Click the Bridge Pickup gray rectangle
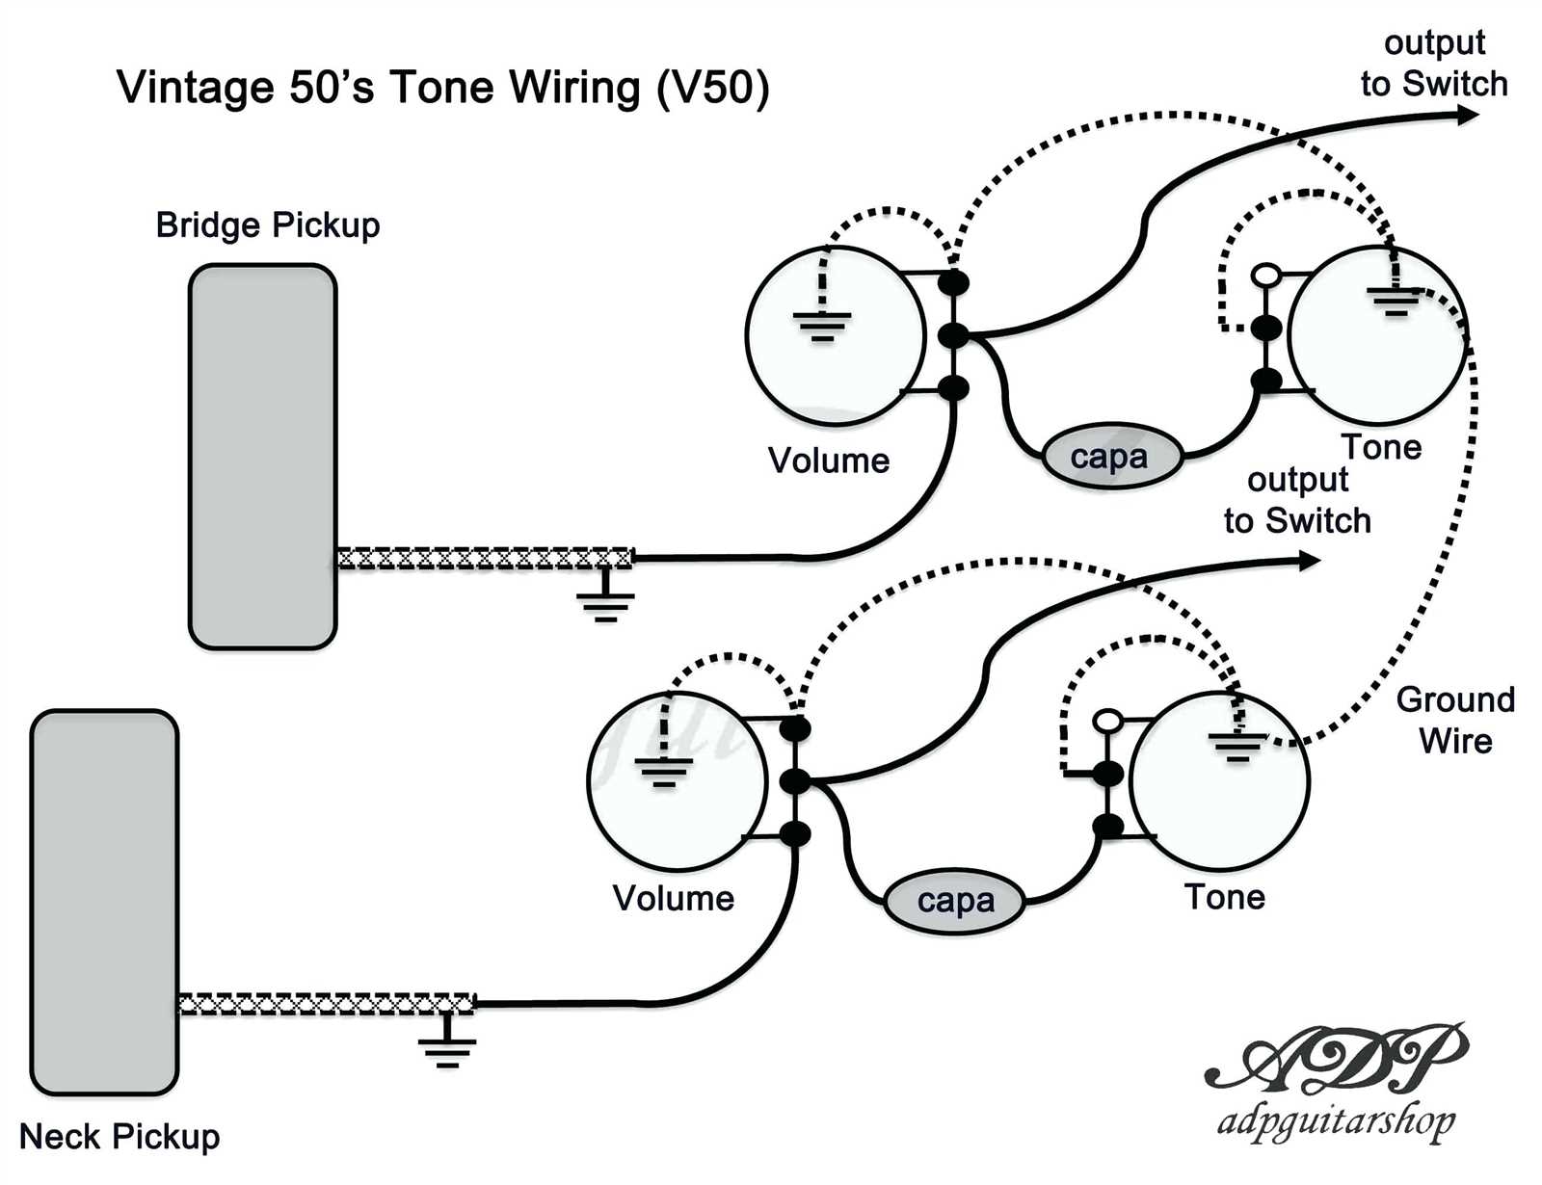263,457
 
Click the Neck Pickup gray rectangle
104,902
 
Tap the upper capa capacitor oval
1111,457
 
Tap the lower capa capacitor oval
954,902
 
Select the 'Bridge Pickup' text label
268,225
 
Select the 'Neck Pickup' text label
120,1137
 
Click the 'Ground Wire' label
1455,720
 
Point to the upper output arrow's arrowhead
1468,116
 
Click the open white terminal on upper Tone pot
1266,276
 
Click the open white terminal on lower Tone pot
1107,721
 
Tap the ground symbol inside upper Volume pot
822,324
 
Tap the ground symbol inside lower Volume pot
663,770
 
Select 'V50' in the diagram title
713,88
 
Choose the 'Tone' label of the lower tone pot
1224,897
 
